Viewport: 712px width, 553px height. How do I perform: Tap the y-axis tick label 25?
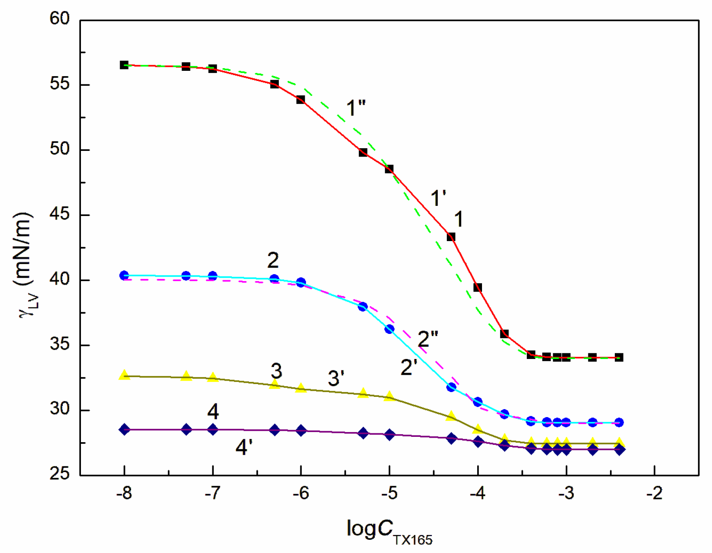pyautogui.click(x=59, y=474)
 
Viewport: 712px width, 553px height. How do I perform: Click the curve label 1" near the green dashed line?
pyautogui.click(x=356, y=108)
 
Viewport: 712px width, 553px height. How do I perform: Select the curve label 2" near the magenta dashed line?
pyautogui.click(x=428, y=339)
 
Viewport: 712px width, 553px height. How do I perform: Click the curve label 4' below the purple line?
pyautogui.click(x=244, y=448)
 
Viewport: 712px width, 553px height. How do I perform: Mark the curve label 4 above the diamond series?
pyautogui.click(x=213, y=412)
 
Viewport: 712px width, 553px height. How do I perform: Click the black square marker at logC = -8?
pyautogui.click(x=124, y=65)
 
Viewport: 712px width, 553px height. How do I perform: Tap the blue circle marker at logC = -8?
pyautogui.click(x=124, y=275)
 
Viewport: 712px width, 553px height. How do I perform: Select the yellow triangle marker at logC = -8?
pyautogui.click(x=124, y=375)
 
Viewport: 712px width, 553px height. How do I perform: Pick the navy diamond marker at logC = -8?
pyautogui.click(x=124, y=429)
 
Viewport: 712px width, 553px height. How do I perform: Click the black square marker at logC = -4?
pyautogui.click(x=478, y=288)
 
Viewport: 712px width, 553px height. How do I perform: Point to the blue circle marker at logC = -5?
pyautogui.click(x=389, y=329)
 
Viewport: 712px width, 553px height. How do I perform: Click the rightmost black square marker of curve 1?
pyautogui.click(x=619, y=357)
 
